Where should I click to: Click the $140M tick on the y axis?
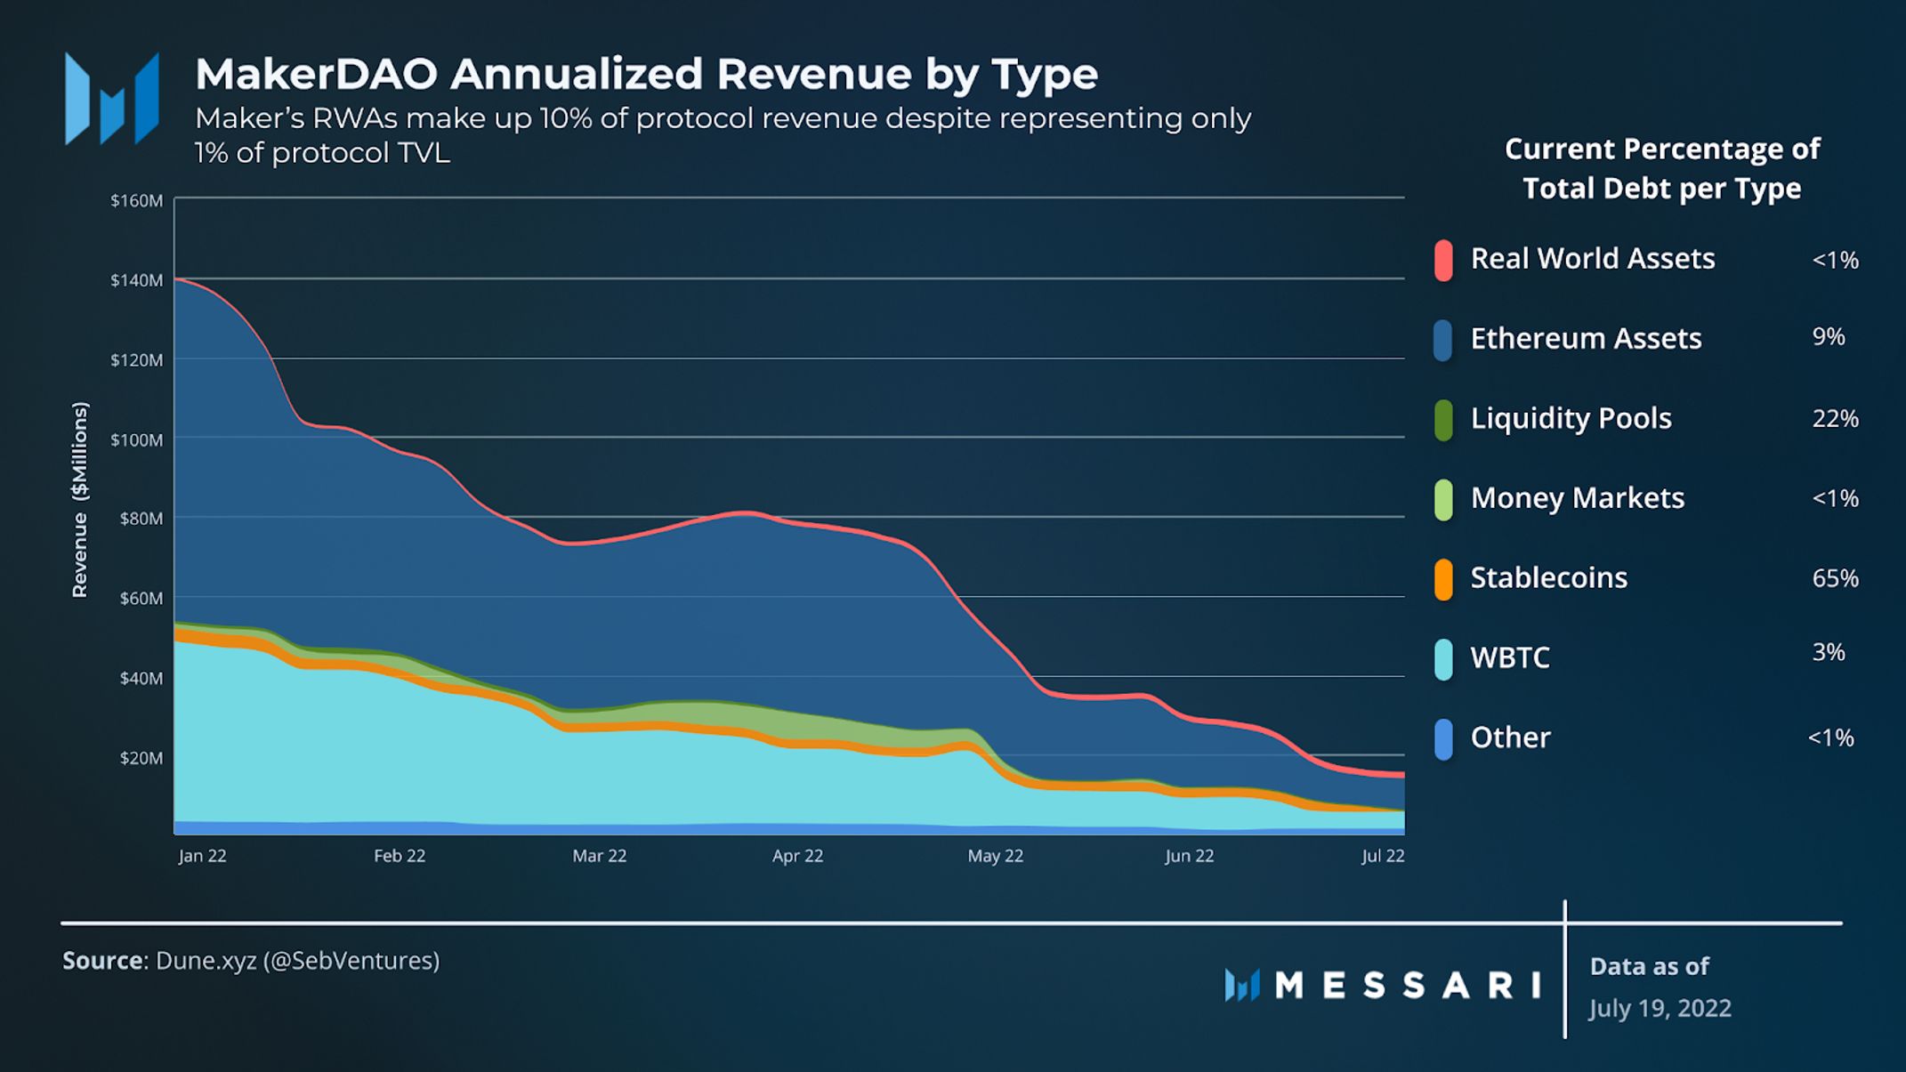click(x=137, y=280)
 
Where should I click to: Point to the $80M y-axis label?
click(x=141, y=518)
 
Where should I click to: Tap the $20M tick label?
click(x=141, y=758)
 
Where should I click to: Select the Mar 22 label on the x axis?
click(x=599, y=856)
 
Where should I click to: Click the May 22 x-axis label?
click(x=995, y=856)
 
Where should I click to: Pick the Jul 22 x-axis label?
click(x=1383, y=856)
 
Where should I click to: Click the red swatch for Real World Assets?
click(x=1443, y=260)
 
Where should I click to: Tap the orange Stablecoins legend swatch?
click(x=1443, y=579)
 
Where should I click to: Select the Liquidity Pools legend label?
click(x=1571, y=418)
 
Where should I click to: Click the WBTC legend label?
click(x=1510, y=657)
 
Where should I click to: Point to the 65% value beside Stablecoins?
click(x=1835, y=578)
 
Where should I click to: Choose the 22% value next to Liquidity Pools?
click(x=1835, y=418)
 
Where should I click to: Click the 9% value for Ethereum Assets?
click(x=1829, y=336)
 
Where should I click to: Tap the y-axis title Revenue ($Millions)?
click(x=80, y=500)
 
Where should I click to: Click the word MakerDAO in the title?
click(x=316, y=74)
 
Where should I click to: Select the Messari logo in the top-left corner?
click(x=112, y=99)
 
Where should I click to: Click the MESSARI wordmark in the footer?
click(x=1408, y=985)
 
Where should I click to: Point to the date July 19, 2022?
click(x=1660, y=1008)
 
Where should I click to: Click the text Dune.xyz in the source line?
click(x=206, y=961)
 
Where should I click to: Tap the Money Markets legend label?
click(x=1577, y=498)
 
